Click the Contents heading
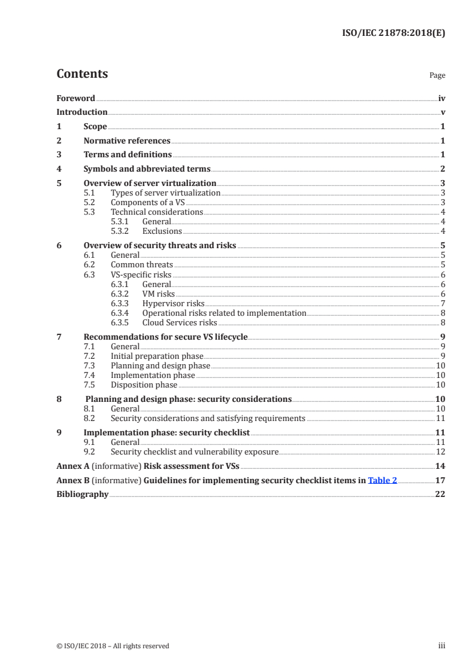click(82, 74)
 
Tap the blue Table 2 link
click(382, 480)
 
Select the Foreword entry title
click(75, 98)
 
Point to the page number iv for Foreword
click(441, 98)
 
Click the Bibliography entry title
click(82, 495)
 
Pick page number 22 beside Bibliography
click(440, 495)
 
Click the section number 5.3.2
click(119, 231)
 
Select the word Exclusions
click(162, 231)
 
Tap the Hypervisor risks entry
click(173, 304)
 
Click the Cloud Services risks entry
click(179, 322)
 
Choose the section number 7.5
click(89, 385)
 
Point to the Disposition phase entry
click(144, 385)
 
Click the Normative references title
click(127, 141)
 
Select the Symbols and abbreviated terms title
click(147, 169)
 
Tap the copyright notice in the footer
click(113, 646)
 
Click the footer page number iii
click(442, 646)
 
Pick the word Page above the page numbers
click(437, 75)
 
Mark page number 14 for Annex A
click(440, 466)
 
